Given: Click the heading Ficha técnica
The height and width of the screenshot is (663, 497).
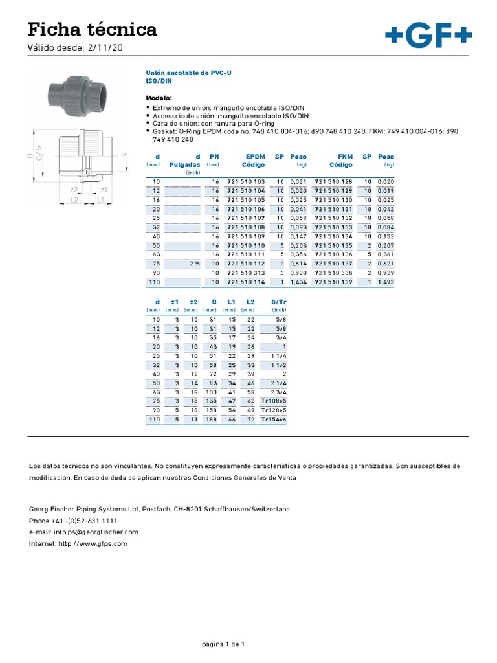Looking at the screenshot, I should [92, 29].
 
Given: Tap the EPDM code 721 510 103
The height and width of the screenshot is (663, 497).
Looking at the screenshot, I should [246, 182].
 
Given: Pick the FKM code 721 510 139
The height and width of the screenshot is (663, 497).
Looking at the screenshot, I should [333, 282].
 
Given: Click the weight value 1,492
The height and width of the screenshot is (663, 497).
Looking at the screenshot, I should [386, 282].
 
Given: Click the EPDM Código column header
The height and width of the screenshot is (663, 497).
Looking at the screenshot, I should [249, 161].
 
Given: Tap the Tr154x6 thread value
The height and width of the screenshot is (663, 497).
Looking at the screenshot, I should [273, 420].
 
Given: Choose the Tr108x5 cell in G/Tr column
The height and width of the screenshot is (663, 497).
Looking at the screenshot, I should [273, 401].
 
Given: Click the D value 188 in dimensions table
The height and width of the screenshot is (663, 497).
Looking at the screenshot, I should [212, 420].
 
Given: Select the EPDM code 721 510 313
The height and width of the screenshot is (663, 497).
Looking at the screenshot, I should [246, 273].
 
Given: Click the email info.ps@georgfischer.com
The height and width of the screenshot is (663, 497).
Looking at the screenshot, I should [84, 532].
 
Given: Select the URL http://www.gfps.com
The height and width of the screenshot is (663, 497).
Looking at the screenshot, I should [78, 543].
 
